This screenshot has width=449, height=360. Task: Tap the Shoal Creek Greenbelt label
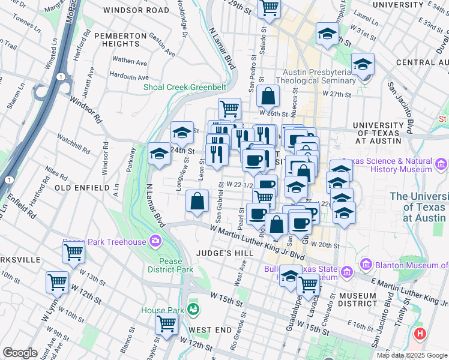184,87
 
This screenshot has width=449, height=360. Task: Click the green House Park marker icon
193,310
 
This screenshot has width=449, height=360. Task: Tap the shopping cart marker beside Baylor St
166,323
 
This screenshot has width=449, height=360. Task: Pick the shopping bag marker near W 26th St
268,95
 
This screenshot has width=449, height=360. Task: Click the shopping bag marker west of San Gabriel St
197,201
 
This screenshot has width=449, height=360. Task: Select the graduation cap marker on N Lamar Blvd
159,154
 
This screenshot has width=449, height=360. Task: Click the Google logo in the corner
20,353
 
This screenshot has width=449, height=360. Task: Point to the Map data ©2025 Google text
412,355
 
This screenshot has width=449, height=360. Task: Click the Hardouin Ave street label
129,77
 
